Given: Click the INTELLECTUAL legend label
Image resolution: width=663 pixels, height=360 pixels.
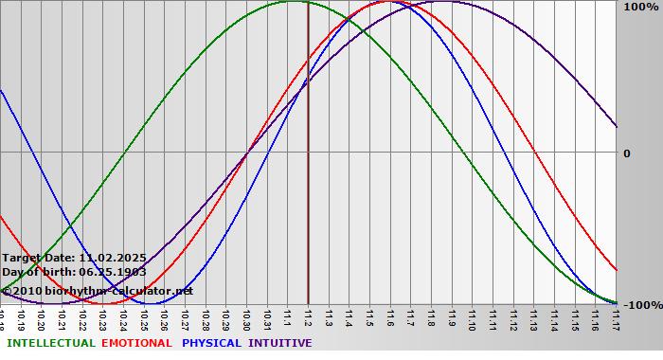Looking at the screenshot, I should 50,343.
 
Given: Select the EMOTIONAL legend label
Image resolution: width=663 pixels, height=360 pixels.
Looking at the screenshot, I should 136,343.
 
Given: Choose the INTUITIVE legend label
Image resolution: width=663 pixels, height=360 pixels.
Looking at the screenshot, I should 280,343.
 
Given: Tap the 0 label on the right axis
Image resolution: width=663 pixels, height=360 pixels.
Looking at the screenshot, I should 626,153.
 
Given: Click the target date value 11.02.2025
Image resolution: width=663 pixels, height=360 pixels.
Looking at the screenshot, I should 112,257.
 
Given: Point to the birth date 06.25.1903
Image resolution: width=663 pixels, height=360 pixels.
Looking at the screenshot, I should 112,272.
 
